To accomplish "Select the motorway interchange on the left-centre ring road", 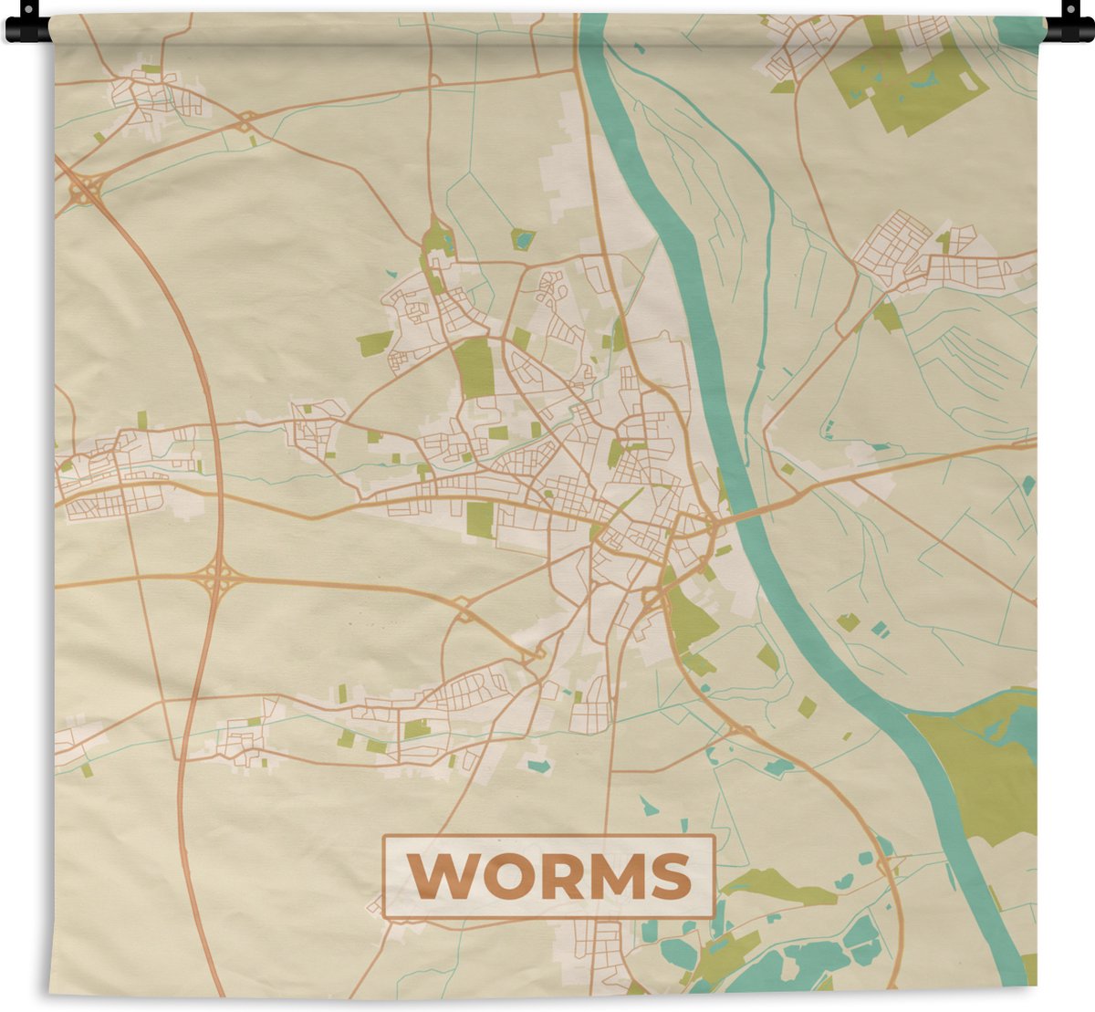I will pos(216,578).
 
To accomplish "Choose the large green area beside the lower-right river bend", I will pos(981,767).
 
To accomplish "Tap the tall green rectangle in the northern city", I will pos(474,367).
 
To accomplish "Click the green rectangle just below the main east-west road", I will pos(479,519).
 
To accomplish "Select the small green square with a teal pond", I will pos(522,239).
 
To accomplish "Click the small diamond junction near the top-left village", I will pos(245,120).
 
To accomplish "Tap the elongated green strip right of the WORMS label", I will pos(776,885).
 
